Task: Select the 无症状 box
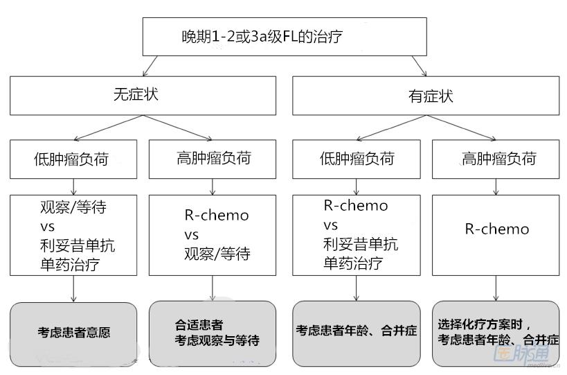pyautogui.click(x=142, y=96)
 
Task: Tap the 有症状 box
pyautogui.click(x=426, y=96)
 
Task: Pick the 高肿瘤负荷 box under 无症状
pyautogui.click(x=213, y=159)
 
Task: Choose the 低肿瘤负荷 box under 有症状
pyautogui.click(x=356, y=159)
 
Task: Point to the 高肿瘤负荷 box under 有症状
pyautogui.click(x=495, y=159)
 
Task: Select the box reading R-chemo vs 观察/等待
pyautogui.click(x=213, y=235)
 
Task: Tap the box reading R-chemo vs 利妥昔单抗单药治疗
pyautogui.click(x=356, y=235)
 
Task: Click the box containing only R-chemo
pyautogui.click(x=495, y=235)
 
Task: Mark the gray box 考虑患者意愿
pyautogui.click(x=73, y=333)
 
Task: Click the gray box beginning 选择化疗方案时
pyautogui.click(x=496, y=333)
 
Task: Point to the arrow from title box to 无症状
pyautogui.click(x=152, y=66)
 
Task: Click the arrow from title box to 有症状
pyautogui.click(x=418, y=66)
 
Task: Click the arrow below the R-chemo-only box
pyautogui.click(x=495, y=288)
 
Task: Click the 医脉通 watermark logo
pyautogui.click(x=521, y=356)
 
